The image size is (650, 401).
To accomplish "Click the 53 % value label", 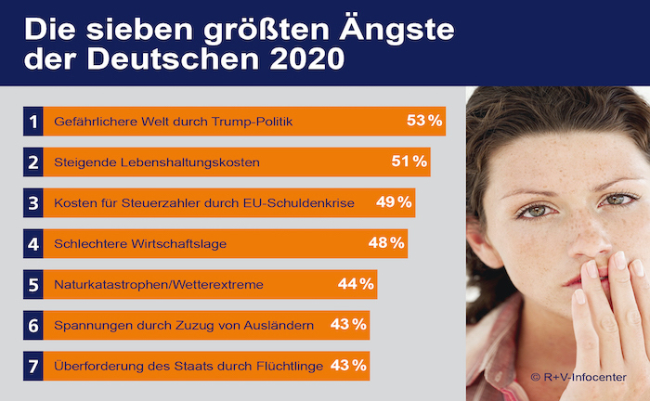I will [424, 121].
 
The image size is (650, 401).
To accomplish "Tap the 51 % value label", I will [409, 162].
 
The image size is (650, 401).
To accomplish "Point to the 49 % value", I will [395, 202].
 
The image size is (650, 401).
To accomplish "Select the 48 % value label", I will [386, 243].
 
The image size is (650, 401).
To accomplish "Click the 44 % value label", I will [356, 284].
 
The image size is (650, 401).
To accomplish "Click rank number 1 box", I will [32, 121].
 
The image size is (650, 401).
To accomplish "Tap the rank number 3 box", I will [32, 202].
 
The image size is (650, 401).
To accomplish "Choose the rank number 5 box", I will [32, 284].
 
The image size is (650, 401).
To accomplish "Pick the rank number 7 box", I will [32, 366].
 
